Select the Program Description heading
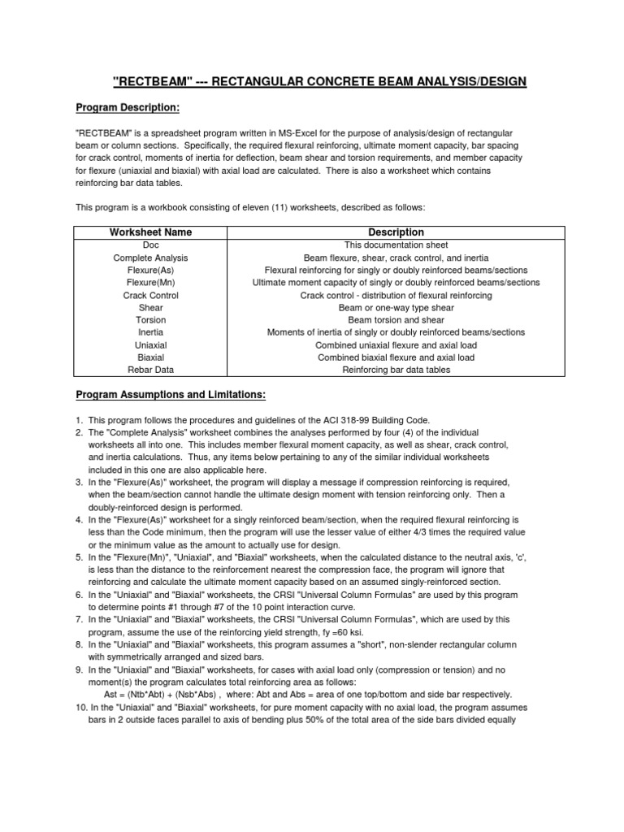pos(127,107)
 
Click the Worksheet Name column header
pos(150,232)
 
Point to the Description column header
pos(396,232)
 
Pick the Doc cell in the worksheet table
pos(150,245)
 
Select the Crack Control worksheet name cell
pos(150,296)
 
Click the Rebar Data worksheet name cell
pos(150,370)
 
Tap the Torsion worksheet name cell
pos(150,320)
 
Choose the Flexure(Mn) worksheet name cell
pos(150,283)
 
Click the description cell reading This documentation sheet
pos(396,245)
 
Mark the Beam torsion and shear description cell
pos(396,320)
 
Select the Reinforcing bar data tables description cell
pos(396,370)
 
